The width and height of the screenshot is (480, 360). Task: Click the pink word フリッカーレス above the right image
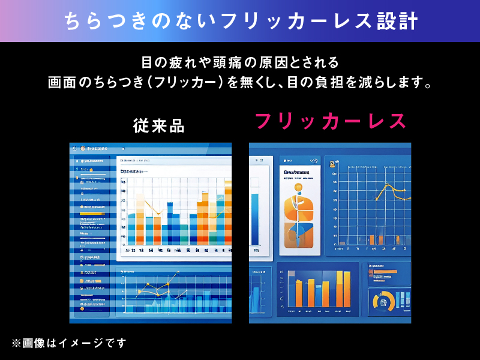pyautogui.click(x=331, y=121)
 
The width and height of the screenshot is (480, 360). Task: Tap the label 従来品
pyautogui.click(x=159, y=125)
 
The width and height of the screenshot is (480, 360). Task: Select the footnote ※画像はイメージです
pyautogui.click(x=69, y=343)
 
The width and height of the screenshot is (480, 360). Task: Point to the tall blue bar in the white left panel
pyautogui.click(x=255, y=218)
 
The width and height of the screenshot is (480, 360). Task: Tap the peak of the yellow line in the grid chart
pyautogui.click(x=387, y=186)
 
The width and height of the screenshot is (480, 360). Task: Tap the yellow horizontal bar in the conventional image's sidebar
pyautogui.click(x=91, y=212)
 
